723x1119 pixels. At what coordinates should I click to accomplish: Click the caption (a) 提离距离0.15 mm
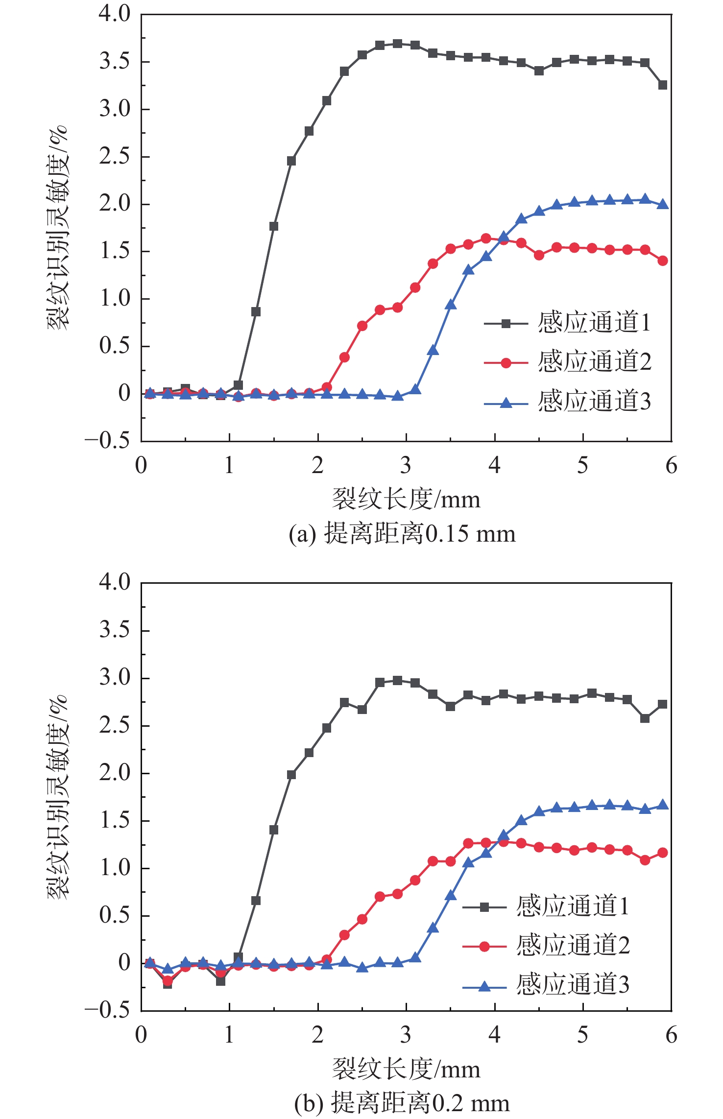pos(402,534)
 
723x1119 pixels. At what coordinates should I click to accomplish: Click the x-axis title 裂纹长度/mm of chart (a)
pos(406,500)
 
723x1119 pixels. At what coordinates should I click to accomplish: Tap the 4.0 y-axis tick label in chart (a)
pos(115,14)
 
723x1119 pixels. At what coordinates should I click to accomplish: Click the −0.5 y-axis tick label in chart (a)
pos(107,441)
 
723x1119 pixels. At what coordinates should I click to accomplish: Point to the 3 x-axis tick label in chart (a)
pos(406,466)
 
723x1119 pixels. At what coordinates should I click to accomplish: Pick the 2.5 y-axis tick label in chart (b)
pos(115,726)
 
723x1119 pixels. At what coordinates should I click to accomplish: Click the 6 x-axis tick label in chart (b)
pos(671,1035)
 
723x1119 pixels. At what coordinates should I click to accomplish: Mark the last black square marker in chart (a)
pos(663,85)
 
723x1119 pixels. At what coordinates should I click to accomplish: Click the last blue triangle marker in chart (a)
pos(663,204)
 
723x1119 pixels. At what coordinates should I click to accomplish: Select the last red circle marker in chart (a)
pos(663,261)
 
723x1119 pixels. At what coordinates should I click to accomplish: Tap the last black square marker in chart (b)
pos(663,704)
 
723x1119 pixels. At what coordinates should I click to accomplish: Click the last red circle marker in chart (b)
pos(663,853)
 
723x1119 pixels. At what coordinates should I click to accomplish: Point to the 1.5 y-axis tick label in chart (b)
pos(115,821)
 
